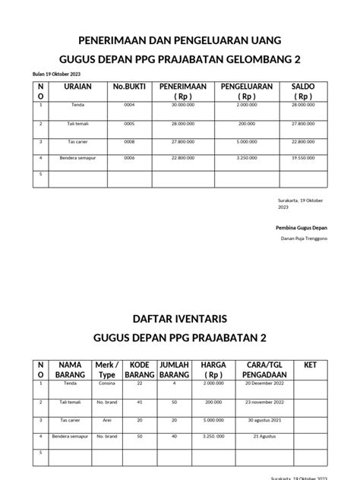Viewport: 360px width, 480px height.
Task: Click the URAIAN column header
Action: [74, 87]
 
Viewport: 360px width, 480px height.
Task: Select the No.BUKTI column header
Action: [128, 87]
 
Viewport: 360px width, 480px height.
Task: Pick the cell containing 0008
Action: [129, 141]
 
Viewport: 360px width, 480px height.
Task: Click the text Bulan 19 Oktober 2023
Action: [55, 73]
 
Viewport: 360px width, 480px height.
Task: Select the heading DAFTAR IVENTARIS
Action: [179, 313]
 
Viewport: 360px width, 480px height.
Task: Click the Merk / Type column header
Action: [107, 371]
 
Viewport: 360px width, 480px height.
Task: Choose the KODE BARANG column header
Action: [139, 371]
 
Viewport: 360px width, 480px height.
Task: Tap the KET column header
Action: [310, 365]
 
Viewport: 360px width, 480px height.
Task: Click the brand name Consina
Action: [106, 384]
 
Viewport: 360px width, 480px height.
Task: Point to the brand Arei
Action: [106, 420]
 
